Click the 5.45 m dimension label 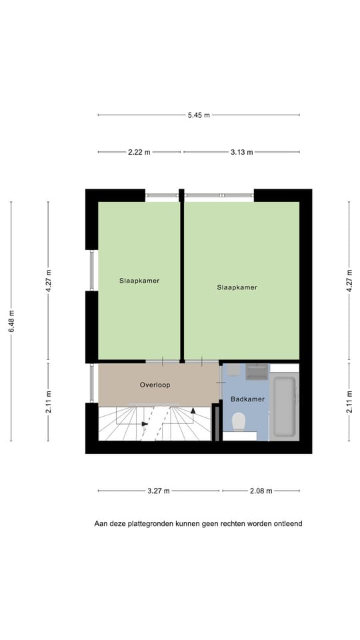pyautogui.click(x=199, y=115)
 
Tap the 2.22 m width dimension pyautogui.click(x=139, y=152)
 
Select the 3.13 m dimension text pyautogui.click(x=241, y=152)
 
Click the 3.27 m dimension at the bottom pyautogui.click(x=159, y=491)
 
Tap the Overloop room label pyautogui.click(x=155, y=385)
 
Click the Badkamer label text pyautogui.click(x=247, y=399)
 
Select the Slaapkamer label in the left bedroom pyautogui.click(x=139, y=281)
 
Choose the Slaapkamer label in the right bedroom pyautogui.click(x=237, y=287)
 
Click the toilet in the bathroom pyautogui.click(x=239, y=421)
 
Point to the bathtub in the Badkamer pyautogui.click(x=285, y=407)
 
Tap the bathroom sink pyautogui.click(x=257, y=371)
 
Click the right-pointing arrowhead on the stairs pyautogui.click(x=145, y=423)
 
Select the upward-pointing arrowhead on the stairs pyautogui.click(x=193, y=411)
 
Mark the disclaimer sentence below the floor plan pyautogui.click(x=198, y=524)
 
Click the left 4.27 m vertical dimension pyautogui.click(x=48, y=281)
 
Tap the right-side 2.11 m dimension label pyautogui.click(x=349, y=402)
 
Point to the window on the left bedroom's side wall pyautogui.click(x=92, y=271)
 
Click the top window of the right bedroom pyautogui.click(x=219, y=195)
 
